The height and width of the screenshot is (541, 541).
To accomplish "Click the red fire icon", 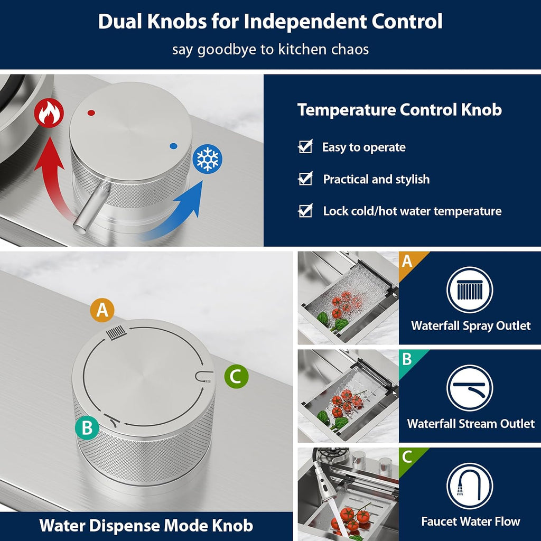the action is tap(49, 113).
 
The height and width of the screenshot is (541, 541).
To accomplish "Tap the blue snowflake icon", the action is tap(207, 158).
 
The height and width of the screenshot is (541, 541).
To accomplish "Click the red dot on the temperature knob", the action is tap(91, 113).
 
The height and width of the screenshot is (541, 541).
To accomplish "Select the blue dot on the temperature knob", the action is tap(173, 146).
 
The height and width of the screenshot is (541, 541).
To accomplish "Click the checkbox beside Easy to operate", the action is tap(305, 147).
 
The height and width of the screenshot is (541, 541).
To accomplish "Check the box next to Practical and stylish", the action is tap(305, 179).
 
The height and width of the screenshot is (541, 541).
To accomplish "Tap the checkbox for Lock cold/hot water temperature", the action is tap(305, 210).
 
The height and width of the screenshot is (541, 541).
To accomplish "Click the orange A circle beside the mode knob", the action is tap(102, 310).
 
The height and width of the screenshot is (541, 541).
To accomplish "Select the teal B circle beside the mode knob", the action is tap(87, 428).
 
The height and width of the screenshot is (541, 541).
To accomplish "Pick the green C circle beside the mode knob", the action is tap(236, 376).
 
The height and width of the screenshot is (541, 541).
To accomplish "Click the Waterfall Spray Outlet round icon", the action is tap(470, 290).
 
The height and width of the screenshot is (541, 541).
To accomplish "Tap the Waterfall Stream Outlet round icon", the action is tap(470, 388).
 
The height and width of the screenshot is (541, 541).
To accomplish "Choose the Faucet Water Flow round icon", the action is tap(470, 486).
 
